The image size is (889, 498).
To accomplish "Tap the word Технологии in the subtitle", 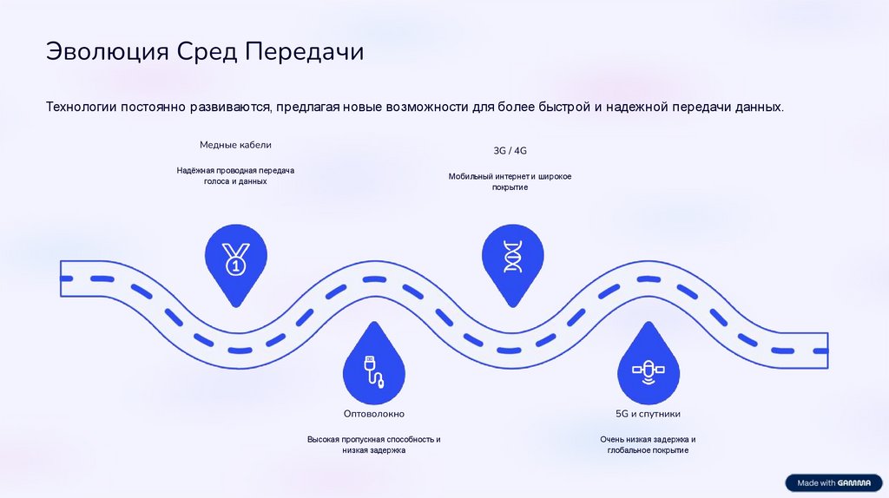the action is point(82,108).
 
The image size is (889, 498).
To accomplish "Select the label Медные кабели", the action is point(235,145).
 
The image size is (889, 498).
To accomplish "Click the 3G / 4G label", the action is point(510,150).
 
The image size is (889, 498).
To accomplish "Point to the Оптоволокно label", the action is point(373,414).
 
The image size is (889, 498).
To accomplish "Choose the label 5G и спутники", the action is point(648,414).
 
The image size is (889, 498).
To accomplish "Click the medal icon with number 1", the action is point(235,258).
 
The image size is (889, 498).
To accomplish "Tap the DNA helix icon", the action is point(512,258).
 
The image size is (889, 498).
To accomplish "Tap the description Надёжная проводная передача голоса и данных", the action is point(235,176).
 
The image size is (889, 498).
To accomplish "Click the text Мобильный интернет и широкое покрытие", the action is point(510,182).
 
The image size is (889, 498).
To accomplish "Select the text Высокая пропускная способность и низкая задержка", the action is point(373,445).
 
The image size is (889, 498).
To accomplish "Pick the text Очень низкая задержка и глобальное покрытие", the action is point(648,445).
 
